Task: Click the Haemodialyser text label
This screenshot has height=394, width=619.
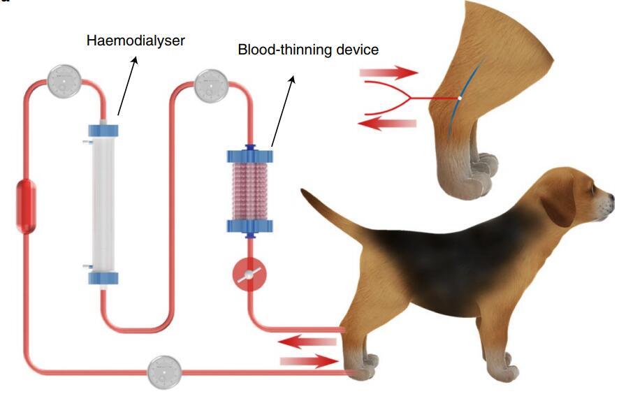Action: [x=136, y=41]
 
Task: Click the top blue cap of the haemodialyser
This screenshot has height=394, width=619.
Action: [x=103, y=130]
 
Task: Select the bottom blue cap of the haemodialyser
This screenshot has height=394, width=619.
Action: [x=103, y=278]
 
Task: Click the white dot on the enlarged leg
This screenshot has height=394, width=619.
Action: [x=459, y=98]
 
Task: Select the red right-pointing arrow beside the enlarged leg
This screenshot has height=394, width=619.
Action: [x=388, y=72]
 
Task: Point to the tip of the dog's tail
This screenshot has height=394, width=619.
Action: [x=304, y=191]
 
